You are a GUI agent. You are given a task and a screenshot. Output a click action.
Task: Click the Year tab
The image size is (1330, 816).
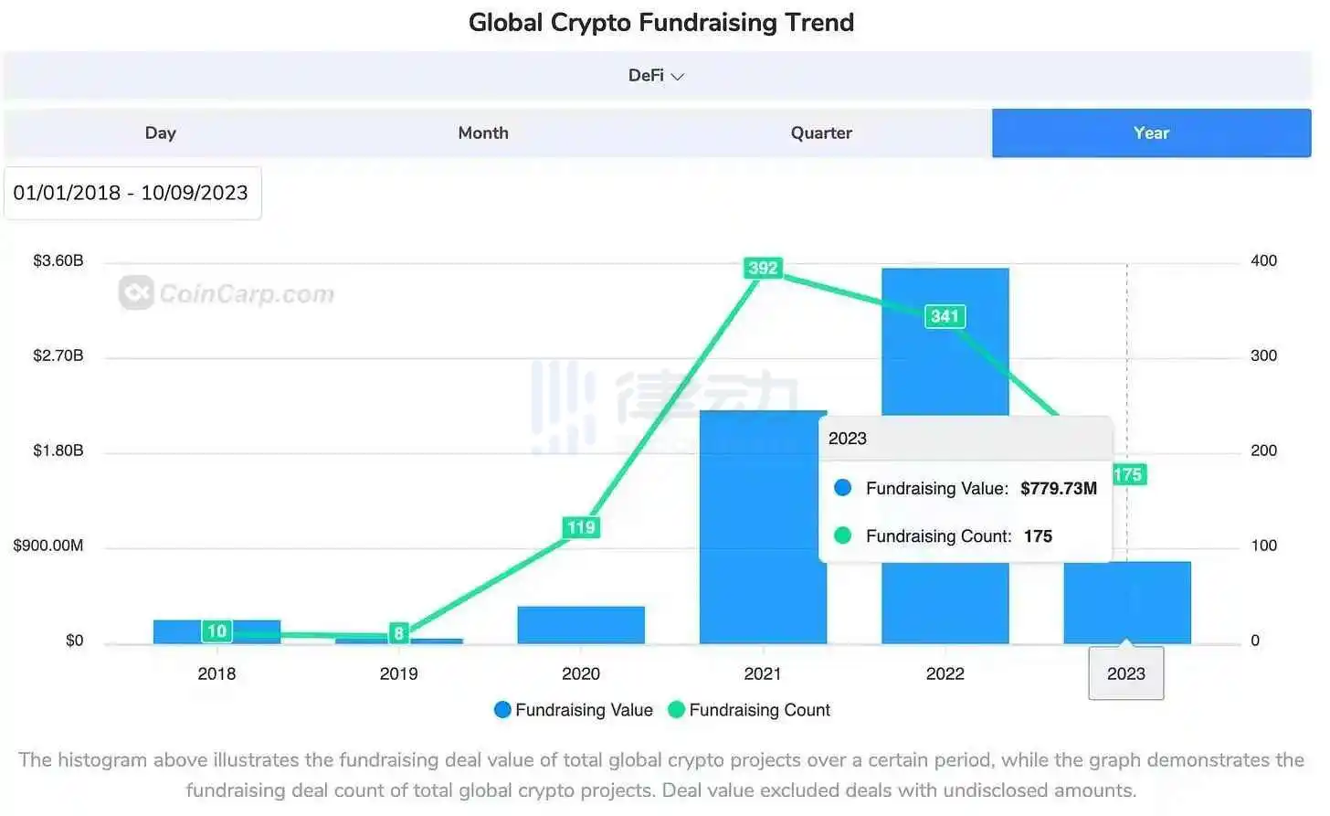1151,133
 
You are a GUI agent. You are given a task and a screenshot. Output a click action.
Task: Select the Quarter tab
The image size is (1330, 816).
821,133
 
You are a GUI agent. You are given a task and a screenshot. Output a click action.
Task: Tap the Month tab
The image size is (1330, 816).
483,133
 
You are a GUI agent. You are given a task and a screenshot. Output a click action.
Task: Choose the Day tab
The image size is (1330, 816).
161,133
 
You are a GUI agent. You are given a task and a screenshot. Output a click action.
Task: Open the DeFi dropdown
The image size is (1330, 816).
657,76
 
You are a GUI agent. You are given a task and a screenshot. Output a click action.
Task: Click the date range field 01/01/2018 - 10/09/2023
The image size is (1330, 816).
132,193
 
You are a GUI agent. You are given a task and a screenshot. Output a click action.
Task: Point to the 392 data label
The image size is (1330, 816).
763,268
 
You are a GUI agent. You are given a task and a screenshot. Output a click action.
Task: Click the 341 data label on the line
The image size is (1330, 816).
945,316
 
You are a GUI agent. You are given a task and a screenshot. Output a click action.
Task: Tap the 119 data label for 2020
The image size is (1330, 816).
581,527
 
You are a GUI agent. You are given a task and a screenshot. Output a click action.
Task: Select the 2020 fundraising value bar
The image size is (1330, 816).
581,625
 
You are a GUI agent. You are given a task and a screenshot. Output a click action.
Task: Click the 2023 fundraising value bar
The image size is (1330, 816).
1126,603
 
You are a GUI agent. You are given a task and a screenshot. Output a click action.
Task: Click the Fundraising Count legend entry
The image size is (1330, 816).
750,710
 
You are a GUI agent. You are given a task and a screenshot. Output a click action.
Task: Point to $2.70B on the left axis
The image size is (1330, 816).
58,355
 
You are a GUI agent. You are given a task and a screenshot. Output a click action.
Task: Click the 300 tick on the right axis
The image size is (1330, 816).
1263,355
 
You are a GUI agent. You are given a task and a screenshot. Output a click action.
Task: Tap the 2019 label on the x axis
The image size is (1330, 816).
398,673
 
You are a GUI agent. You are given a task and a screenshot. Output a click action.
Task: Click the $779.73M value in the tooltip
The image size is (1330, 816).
1059,488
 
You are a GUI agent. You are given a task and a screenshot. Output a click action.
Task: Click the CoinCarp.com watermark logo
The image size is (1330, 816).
227,293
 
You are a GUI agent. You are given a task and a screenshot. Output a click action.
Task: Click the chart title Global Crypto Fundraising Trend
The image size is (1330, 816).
661,22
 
